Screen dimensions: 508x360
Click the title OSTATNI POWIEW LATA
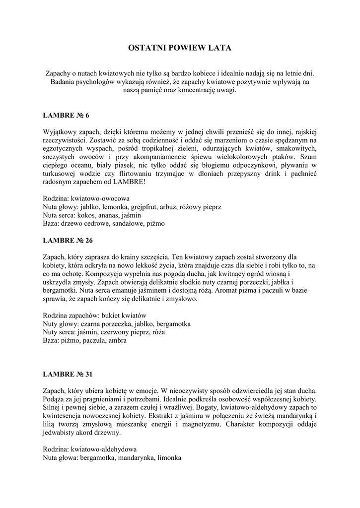(x=180, y=48)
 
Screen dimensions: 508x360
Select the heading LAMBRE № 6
(x=67, y=116)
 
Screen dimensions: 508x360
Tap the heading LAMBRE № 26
(x=69, y=240)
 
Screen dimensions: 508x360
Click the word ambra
(x=117, y=341)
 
